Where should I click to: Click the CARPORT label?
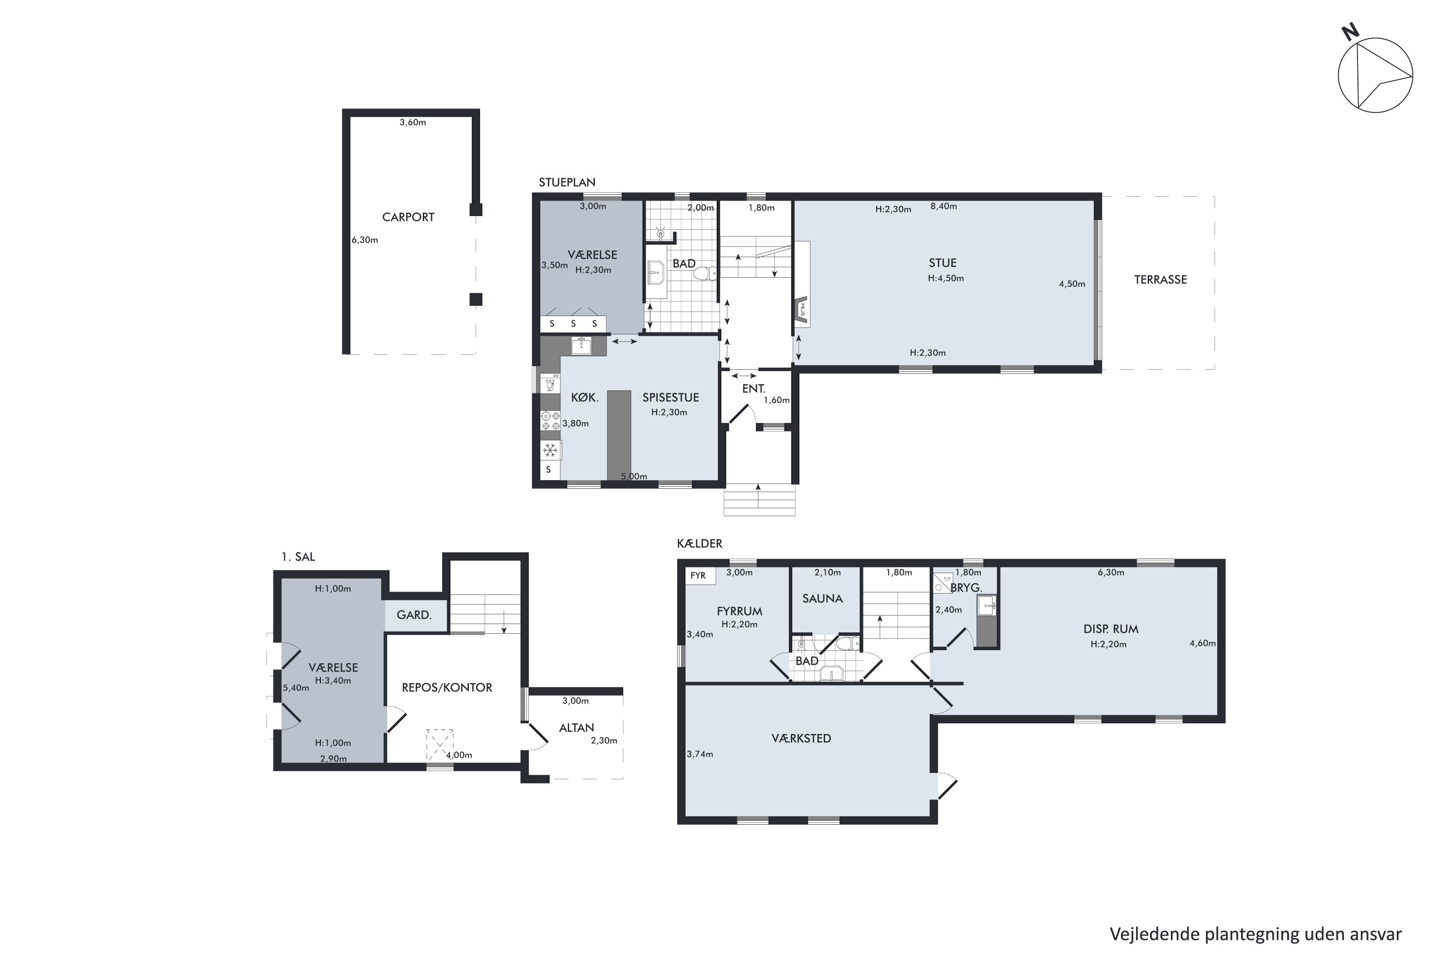click(408, 217)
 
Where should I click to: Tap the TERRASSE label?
click(1160, 280)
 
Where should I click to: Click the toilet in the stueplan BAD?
click(705, 272)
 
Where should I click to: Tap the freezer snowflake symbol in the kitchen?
click(550, 450)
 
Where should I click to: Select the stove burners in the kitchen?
click(550, 421)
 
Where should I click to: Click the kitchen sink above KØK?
click(581, 346)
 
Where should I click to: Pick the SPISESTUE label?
click(670, 397)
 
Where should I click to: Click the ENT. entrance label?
click(754, 389)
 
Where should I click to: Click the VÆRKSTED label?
click(801, 738)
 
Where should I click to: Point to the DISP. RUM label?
click(1110, 629)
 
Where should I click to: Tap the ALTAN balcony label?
click(576, 728)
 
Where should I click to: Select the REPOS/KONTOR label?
click(447, 687)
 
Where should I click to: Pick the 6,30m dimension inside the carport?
click(365, 240)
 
